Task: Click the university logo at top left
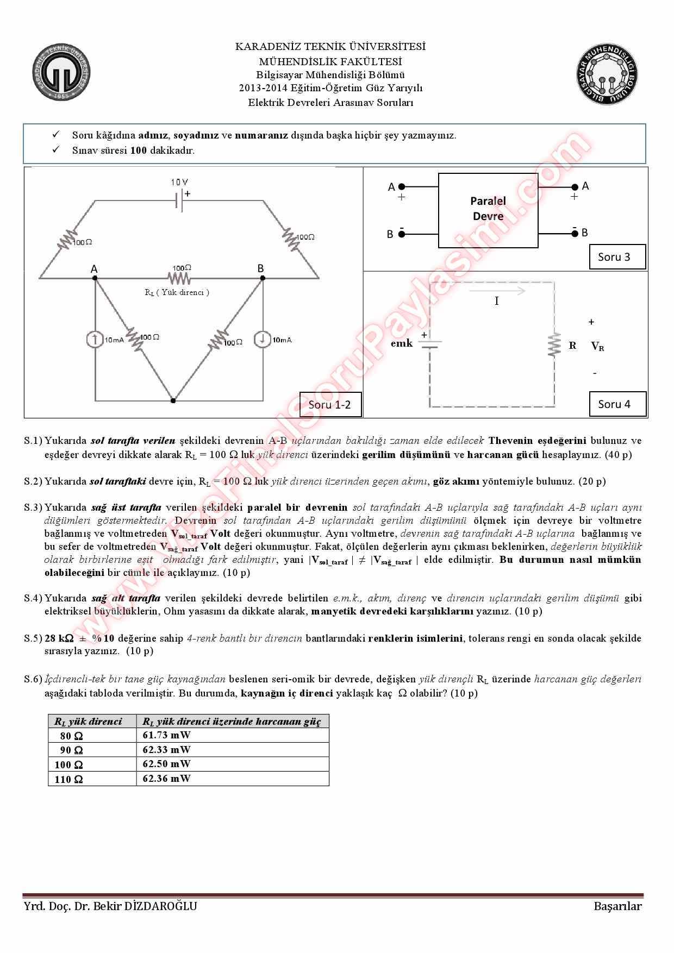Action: tap(61, 73)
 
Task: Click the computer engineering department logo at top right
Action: tap(607, 73)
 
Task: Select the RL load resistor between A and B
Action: tap(179, 278)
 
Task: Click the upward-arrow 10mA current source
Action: tap(95, 340)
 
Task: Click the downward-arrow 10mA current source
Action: tap(263, 340)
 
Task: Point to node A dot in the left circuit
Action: tap(95, 278)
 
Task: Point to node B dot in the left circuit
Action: tap(263, 278)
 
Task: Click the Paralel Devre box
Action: tap(488, 210)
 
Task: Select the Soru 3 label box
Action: tap(617, 257)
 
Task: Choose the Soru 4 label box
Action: tap(617, 404)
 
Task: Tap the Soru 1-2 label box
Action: tap(330, 404)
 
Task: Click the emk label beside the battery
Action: tap(402, 343)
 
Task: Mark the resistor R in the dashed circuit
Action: tap(554, 345)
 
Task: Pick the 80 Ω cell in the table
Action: tap(72, 736)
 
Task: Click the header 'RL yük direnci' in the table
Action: tap(88, 722)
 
